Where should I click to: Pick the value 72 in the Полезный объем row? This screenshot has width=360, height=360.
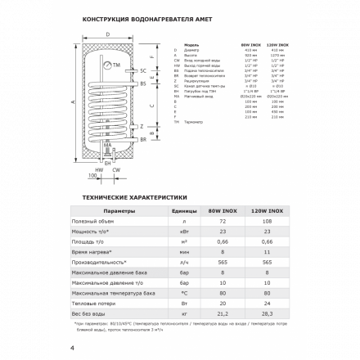click(222, 223)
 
